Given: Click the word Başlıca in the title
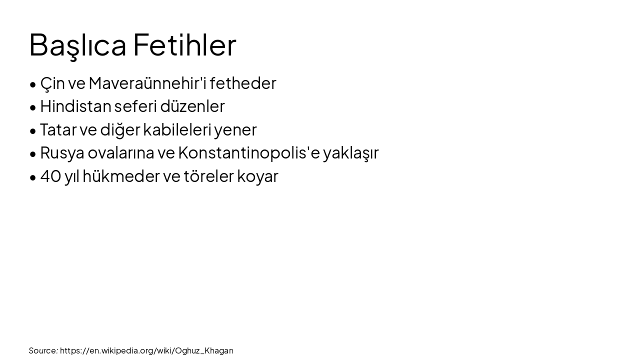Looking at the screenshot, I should click(x=77, y=45).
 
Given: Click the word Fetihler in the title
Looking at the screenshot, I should click(x=184, y=45).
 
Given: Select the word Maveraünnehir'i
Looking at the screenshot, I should click(x=147, y=83).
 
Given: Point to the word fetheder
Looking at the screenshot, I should click(x=243, y=83).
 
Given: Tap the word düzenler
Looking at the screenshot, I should click(x=192, y=106).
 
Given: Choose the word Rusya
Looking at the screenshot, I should click(x=62, y=153).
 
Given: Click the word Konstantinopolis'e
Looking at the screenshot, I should click(x=248, y=153).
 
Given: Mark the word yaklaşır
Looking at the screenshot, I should click(x=351, y=153).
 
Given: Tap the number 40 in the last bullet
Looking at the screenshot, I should click(x=50, y=176).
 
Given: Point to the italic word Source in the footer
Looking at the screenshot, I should click(x=43, y=350).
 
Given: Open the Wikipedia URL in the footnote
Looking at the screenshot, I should click(x=146, y=350).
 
